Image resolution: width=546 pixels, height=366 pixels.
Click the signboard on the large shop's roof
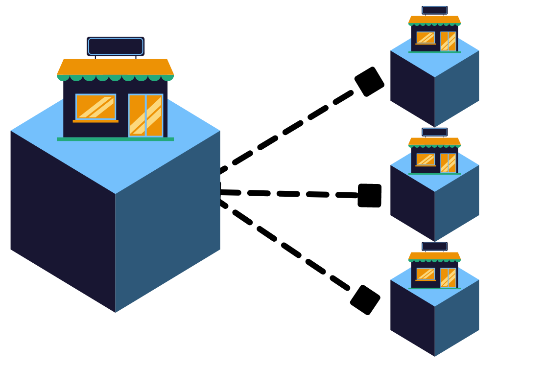[116, 46]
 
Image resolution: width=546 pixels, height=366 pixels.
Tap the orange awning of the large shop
[115, 67]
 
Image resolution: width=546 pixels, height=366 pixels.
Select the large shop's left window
[95, 107]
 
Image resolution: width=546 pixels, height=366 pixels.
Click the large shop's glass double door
[145, 115]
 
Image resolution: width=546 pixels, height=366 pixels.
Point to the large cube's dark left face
[63, 220]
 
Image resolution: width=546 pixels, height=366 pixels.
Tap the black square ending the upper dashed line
[369, 82]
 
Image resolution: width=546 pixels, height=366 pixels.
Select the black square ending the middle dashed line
[370, 196]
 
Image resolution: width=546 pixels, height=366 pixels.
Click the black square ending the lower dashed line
[365, 300]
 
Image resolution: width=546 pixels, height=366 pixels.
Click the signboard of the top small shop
[434, 10]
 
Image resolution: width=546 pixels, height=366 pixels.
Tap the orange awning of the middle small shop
[434, 141]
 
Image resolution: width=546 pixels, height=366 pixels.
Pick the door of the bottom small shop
[448, 277]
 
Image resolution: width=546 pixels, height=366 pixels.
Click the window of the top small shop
[426, 38]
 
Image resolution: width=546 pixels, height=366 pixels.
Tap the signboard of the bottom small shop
[434, 247]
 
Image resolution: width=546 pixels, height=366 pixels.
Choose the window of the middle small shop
[426, 160]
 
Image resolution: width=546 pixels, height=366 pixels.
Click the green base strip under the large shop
[115, 139]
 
